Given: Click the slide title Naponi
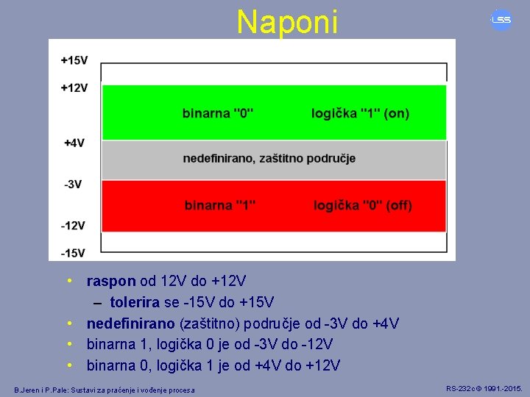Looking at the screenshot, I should [x=287, y=22].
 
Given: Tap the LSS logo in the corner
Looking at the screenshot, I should [x=501, y=20].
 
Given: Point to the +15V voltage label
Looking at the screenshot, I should [x=74, y=60].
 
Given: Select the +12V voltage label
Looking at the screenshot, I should [x=74, y=87].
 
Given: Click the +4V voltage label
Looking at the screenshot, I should [x=74, y=143].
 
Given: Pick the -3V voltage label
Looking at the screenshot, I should [x=72, y=184].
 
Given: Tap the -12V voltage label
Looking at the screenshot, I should [x=73, y=225].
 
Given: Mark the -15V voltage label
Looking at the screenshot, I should [x=73, y=253].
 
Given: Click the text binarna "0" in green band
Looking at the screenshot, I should [x=218, y=113].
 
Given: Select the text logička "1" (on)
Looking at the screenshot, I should [x=360, y=113].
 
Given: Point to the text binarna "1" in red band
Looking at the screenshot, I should [x=220, y=205].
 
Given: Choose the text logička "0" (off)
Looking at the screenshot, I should [x=363, y=205].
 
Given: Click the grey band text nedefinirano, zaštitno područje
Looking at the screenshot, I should [x=269, y=158].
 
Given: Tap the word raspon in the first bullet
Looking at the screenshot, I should [x=111, y=281].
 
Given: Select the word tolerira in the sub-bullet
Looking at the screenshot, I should [x=135, y=302].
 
